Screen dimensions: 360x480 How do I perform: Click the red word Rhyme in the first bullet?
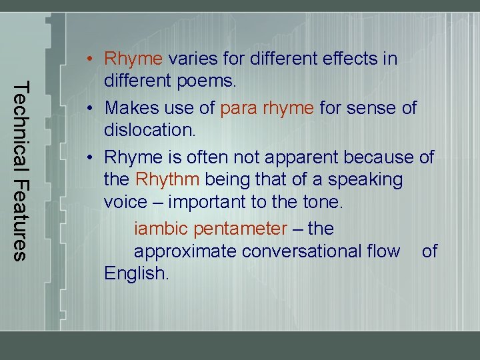[133, 59]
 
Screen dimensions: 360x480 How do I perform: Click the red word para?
[239, 107]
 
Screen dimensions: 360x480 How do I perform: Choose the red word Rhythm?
[167, 179]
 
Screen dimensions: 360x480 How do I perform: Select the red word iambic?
[161, 229]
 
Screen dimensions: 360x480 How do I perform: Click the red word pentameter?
[239, 229]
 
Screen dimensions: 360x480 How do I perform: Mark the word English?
[136, 273]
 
